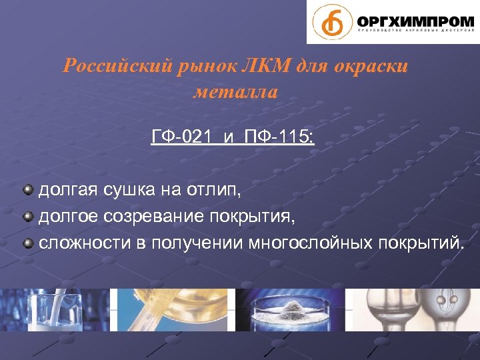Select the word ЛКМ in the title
[260, 67]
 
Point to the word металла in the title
[235, 91]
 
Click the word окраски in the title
[373, 67]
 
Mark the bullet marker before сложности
[28, 241]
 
